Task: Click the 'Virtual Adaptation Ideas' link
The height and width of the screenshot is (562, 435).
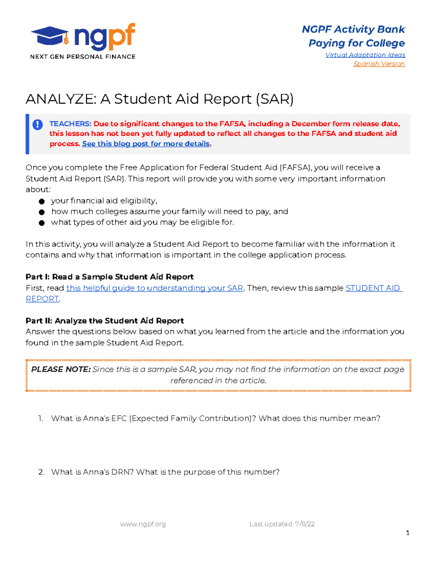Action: click(x=365, y=55)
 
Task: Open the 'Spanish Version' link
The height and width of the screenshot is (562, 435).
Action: click(x=379, y=64)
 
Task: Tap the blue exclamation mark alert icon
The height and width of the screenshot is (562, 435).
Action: click(x=38, y=125)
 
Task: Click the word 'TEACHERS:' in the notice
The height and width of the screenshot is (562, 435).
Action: click(x=70, y=124)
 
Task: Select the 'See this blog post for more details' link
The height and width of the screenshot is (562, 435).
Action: click(x=146, y=144)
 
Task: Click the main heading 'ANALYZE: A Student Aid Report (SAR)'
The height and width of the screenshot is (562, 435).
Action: click(x=159, y=99)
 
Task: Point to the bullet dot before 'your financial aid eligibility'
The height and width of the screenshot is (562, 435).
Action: click(x=42, y=201)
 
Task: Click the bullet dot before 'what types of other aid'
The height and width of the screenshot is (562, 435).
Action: click(x=42, y=223)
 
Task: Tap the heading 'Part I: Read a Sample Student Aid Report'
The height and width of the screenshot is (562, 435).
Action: click(x=109, y=277)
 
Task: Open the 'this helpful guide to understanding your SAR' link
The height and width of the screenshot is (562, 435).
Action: click(x=154, y=288)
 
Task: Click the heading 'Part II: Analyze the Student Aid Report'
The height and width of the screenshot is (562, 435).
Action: click(x=105, y=321)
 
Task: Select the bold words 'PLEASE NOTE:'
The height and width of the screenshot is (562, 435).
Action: click(x=61, y=369)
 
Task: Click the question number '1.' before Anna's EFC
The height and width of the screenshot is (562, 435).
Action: click(x=41, y=418)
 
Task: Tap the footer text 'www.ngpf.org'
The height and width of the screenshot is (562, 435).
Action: click(x=143, y=524)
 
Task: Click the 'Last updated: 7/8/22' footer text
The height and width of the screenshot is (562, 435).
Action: click(x=282, y=524)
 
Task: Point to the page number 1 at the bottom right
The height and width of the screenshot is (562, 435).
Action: click(x=408, y=533)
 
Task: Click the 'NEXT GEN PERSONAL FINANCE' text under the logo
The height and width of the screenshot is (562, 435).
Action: click(x=83, y=57)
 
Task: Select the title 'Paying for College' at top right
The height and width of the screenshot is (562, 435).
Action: click(x=357, y=43)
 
